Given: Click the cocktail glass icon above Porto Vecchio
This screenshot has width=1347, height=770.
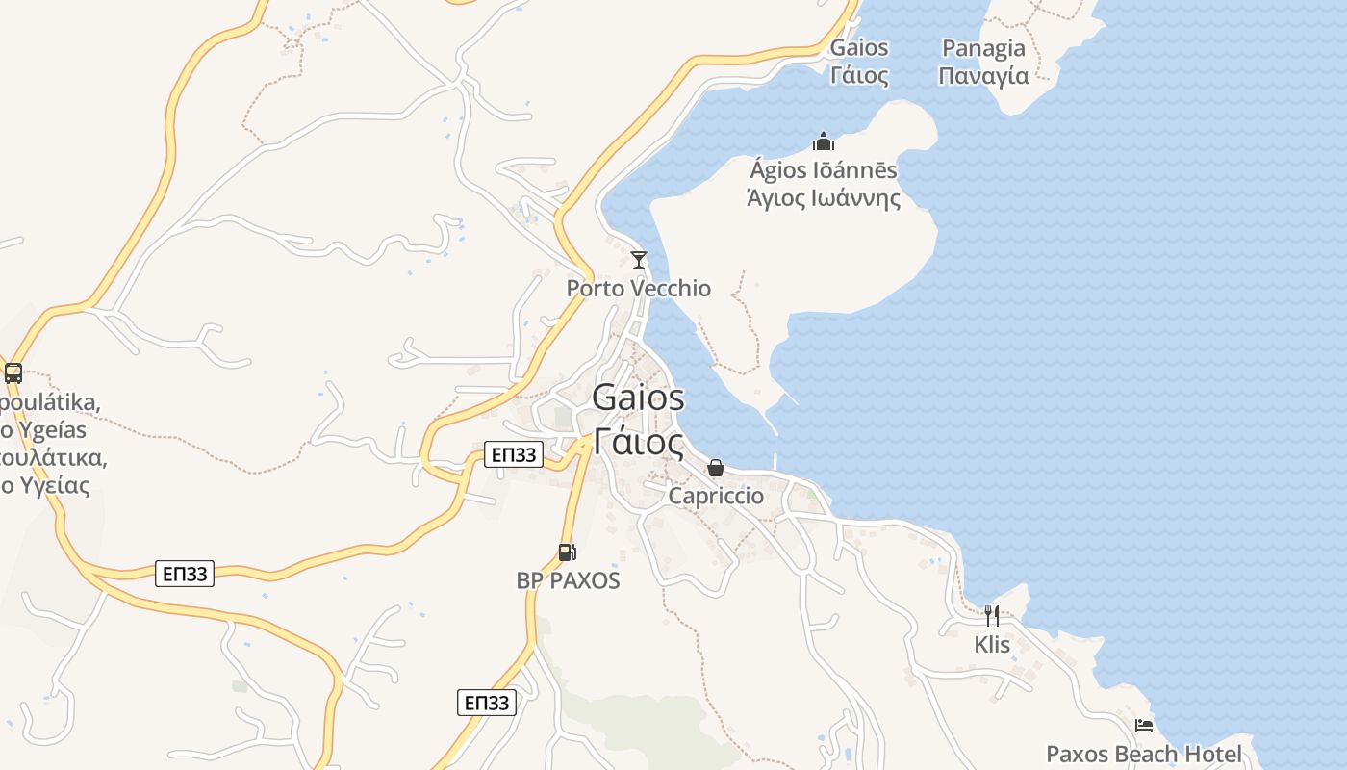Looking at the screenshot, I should coord(638,259).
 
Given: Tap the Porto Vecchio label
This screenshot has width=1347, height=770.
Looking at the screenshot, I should coord(638,288).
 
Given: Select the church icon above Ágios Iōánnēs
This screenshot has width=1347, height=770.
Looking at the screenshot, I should coord(823,142).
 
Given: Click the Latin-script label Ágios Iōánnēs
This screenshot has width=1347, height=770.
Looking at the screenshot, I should coord(823,171).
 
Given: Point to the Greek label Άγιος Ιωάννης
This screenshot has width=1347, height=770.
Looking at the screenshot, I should coord(824,198).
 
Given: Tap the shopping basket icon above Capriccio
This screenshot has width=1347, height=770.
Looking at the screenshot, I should coord(716,468).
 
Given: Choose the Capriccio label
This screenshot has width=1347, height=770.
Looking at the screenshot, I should coord(716,496).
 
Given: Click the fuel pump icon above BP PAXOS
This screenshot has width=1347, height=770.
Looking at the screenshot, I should coord(567,552).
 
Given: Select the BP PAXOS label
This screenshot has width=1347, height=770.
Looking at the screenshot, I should coord(568,580).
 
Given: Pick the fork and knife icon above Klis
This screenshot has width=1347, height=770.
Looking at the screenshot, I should coord(991,615).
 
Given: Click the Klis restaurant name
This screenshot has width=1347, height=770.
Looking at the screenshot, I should coord(991,644).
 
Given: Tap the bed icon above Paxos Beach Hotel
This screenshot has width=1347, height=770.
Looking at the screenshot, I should coord(1143,725).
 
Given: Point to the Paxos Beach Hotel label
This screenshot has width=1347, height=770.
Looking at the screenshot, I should coord(1143,754).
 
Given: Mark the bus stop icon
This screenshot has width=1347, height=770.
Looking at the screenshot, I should coord(13,373).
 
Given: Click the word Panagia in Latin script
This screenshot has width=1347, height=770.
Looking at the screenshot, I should coord(983,48).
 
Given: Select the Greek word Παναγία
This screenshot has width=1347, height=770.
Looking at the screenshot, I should coord(983,75).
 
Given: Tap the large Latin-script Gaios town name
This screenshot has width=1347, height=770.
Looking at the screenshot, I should coord(638,397).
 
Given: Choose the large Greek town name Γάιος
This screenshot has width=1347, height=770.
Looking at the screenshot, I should coord(638,442).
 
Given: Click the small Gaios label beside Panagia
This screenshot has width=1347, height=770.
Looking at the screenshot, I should coord(858,47).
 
